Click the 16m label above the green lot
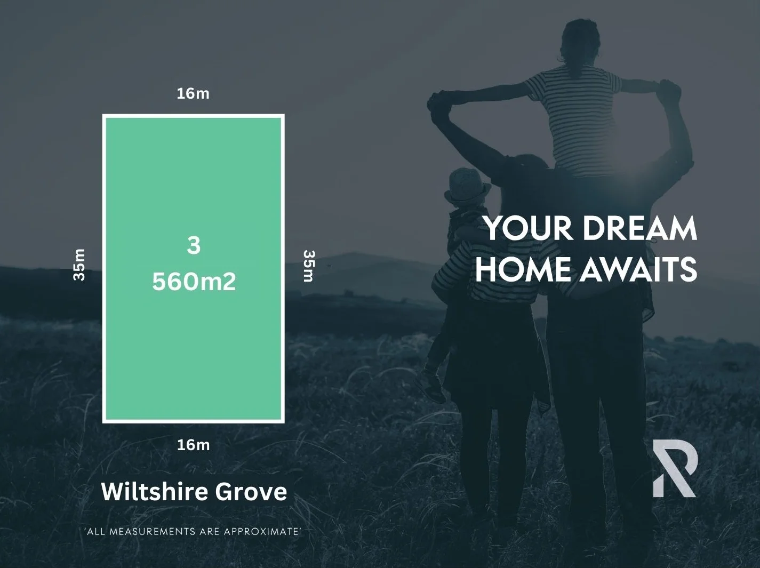(x=193, y=94)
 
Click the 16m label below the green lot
(x=193, y=445)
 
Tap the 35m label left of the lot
(x=79, y=265)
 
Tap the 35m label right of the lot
(x=309, y=266)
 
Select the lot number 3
(x=194, y=246)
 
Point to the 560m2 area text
(x=194, y=282)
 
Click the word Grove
(x=251, y=492)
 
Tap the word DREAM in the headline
(x=640, y=228)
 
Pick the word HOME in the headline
(x=523, y=269)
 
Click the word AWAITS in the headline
(x=638, y=269)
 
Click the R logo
(x=675, y=468)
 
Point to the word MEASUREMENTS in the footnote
(x=153, y=531)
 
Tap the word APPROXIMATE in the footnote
(x=261, y=531)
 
